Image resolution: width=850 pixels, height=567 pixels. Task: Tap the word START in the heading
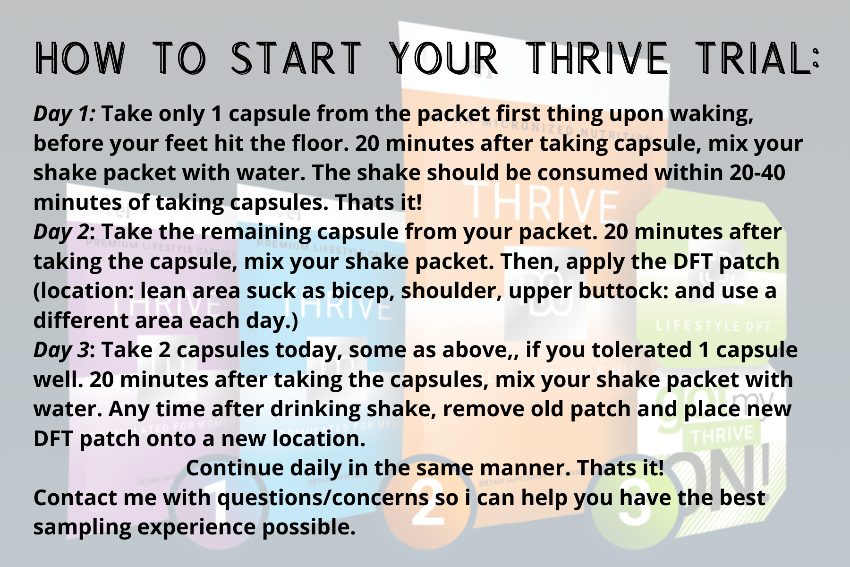point(296,59)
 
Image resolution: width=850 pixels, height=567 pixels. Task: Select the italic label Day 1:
point(65,114)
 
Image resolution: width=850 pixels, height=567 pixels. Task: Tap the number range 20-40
point(757,173)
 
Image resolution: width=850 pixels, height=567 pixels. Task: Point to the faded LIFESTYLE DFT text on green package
point(713,326)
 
